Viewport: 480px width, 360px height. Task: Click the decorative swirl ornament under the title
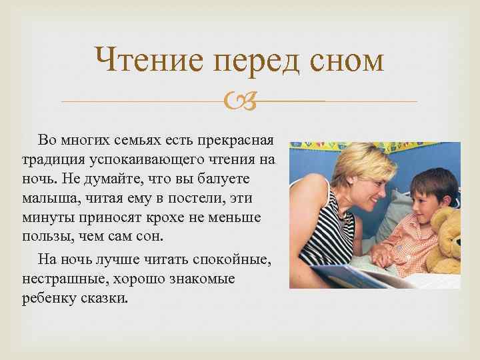click(x=239, y=102)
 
